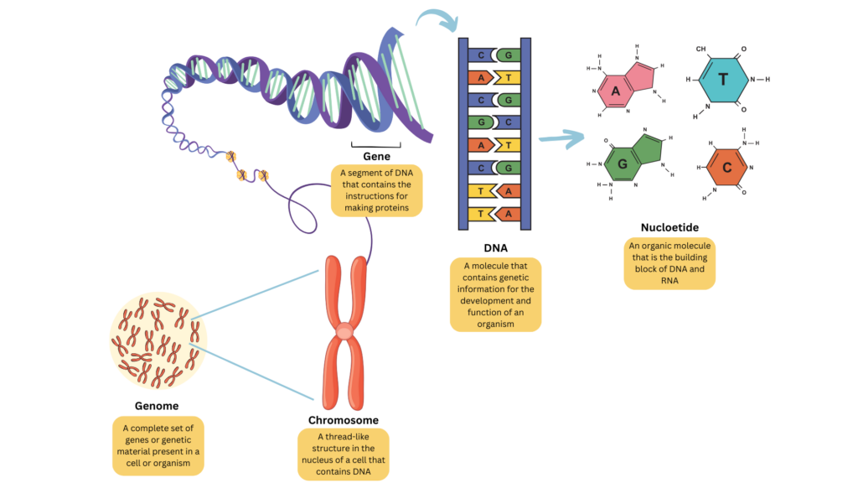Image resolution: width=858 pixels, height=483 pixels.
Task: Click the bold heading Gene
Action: click(x=375, y=157)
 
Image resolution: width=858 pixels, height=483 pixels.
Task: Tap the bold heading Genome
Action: click(x=157, y=406)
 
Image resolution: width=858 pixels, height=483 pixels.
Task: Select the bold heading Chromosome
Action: click(x=344, y=420)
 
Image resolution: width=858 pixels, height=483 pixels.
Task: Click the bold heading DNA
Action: click(x=495, y=248)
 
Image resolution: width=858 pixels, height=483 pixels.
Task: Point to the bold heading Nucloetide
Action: click(x=669, y=227)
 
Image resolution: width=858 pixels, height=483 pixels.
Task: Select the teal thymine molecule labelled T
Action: click(x=723, y=80)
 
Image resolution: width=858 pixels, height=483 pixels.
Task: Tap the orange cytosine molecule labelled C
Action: click(x=726, y=169)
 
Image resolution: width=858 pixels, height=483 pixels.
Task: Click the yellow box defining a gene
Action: click(x=376, y=190)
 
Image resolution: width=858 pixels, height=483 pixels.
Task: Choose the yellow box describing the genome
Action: click(x=158, y=445)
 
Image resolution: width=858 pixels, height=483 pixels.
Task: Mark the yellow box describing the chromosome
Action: click(x=344, y=455)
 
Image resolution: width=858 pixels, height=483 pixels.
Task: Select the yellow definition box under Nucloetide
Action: click(x=669, y=263)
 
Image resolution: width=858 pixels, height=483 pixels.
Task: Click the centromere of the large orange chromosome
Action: click(x=344, y=332)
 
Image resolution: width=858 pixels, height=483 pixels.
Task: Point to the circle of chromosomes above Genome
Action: click(x=158, y=340)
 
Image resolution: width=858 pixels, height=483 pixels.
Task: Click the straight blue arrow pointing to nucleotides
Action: click(x=561, y=139)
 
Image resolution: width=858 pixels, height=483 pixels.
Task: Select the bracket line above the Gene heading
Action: click(x=375, y=143)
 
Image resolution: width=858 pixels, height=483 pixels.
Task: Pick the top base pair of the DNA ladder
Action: click(x=495, y=55)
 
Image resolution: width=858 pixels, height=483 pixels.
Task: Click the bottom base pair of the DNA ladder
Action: click(x=495, y=214)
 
